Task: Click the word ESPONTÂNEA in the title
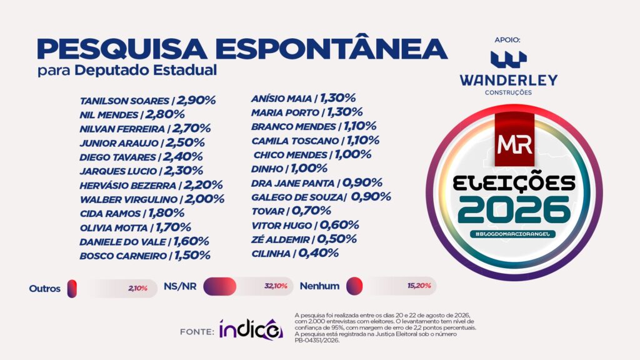tap(335, 49)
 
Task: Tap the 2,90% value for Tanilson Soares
tap(196, 101)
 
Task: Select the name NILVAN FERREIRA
tap(122, 129)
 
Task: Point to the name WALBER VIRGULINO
tap(129, 200)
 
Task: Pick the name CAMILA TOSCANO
tap(295, 141)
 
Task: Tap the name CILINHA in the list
tap(271, 254)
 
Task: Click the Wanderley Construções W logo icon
tap(509, 59)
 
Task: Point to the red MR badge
tap(515, 139)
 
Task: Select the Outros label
tap(44, 289)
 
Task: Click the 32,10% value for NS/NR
tap(276, 286)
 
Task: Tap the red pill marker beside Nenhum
tap(354, 286)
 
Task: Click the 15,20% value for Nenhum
tap(419, 286)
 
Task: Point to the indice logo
tap(251, 329)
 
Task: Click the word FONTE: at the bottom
tap(197, 332)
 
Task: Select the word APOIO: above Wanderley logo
tap(507, 40)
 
